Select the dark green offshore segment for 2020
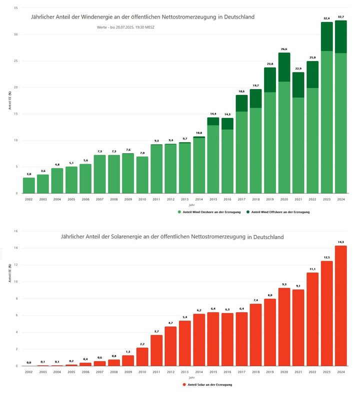click(284, 67)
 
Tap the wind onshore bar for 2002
click(29, 185)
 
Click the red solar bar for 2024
click(340, 305)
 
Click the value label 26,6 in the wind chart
click(284, 49)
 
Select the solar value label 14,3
click(340, 242)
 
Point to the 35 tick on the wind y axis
click(16, 8)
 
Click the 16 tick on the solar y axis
click(16, 231)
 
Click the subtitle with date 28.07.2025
click(126, 27)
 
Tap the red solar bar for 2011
click(156, 350)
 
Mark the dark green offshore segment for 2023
click(326, 36)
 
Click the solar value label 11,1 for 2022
click(312, 268)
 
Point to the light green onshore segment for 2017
click(241, 152)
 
